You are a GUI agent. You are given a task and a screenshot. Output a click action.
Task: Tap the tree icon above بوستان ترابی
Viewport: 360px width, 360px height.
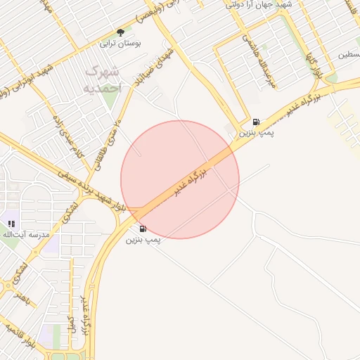(x=120, y=32)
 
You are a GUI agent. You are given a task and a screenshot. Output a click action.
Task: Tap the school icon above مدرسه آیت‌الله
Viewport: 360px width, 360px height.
(x=11, y=224)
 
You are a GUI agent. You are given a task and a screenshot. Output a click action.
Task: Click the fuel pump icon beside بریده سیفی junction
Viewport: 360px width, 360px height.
(x=143, y=229)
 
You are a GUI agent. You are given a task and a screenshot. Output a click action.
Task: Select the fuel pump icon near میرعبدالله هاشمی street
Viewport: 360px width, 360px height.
(x=255, y=121)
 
